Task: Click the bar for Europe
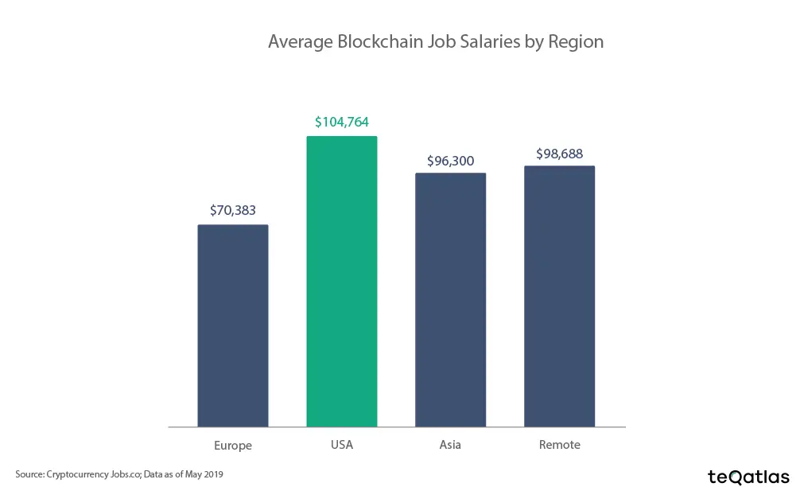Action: click(232, 325)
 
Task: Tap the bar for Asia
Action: click(450, 300)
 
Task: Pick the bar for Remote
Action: click(559, 296)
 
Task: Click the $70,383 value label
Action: click(232, 211)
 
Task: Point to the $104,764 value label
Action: click(341, 122)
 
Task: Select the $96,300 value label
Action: click(450, 161)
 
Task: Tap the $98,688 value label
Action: click(559, 154)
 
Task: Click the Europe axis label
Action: click(232, 446)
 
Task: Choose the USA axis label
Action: click(341, 445)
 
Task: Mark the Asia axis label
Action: click(450, 445)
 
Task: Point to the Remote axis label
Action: click(559, 445)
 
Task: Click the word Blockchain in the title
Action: click(373, 41)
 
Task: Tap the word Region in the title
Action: click(576, 41)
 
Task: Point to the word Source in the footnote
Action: click(29, 474)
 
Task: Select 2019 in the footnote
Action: click(212, 474)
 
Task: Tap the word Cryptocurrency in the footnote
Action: click(76, 474)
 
